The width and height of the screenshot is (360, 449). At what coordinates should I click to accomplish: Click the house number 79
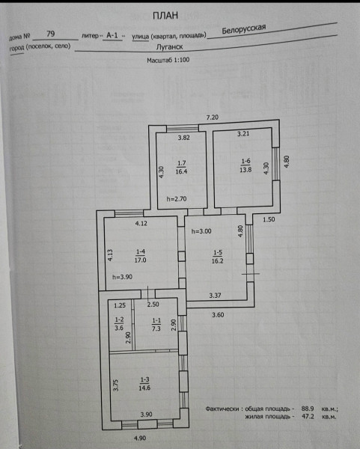click(51, 34)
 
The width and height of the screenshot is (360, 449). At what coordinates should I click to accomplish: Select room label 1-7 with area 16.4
click(181, 167)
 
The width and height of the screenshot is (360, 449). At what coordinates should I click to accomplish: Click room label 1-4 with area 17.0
click(141, 256)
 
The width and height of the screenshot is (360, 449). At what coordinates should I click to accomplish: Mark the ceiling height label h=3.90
click(123, 278)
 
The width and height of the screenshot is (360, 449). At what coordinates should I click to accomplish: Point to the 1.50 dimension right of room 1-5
click(269, 220)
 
